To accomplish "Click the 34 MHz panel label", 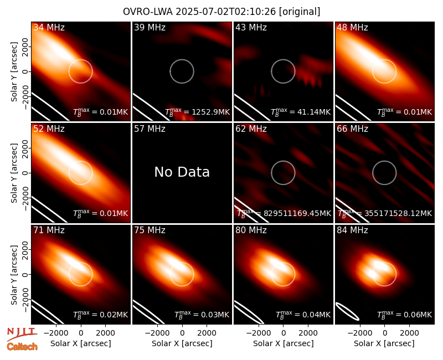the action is (x=49, y=27).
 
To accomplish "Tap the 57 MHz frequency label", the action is (x=150, y=129).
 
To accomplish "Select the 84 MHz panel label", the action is (x=352, y=230).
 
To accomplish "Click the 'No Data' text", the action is (x=182, y=172).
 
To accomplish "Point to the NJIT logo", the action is (x=22, y=333).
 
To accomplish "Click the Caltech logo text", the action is (x=22, y=347).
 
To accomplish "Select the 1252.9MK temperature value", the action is (x=211, y=112).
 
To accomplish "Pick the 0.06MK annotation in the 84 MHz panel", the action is (x=418, y=315).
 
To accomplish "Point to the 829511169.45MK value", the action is (x=297, y=213).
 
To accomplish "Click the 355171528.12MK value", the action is (x=398, y=213).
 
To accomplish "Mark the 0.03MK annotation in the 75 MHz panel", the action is (x=215, y=315).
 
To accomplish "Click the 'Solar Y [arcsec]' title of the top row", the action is (x=14, y=72).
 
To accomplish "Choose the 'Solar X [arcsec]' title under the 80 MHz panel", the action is (x=284, y=343).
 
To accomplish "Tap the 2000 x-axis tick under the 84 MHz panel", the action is (x=409, y=333).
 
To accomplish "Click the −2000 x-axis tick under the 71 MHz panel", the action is (x=53, y=333).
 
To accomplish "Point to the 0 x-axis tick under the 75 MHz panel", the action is (x=182, y=333).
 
